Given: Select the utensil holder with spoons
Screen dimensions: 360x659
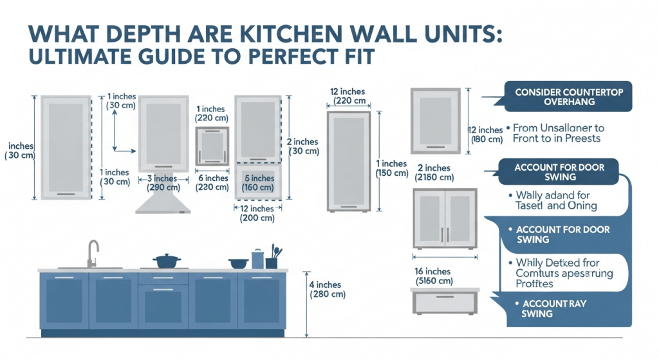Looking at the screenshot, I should pyautogui.click(x=273, y=259).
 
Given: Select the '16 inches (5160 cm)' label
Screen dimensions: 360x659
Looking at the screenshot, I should pyautogui.click(x=435, y=276).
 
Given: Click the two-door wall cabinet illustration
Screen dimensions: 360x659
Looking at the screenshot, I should pyautogui.click(x=445, y=219).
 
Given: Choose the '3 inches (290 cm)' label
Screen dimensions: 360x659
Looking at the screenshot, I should pyautogui.click(x=163, y=183).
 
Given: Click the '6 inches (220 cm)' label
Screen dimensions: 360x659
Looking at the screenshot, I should pyautogui.click(x=212, y=183).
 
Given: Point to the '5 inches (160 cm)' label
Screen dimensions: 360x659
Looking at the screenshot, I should pyautogui.click(x=259, y=183).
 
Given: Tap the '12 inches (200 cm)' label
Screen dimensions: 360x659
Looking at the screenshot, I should pyautogui.click(x=257, y=213).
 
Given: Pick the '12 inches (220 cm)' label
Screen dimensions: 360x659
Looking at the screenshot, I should pyautogui.click(x=348, y=96).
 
